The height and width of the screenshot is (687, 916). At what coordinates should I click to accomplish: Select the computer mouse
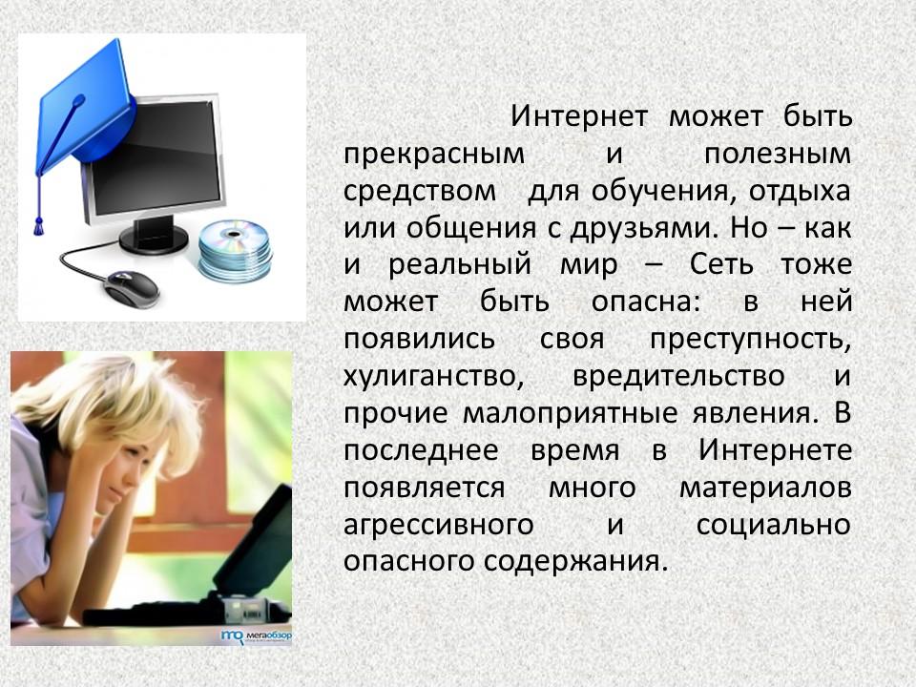click(x=131, y=288)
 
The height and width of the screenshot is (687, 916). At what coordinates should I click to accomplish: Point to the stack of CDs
click(x=235, y=249)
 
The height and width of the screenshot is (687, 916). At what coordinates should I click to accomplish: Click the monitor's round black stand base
click(x=154, y=239)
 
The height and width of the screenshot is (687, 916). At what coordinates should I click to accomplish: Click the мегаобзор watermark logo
click(x=257, y=635)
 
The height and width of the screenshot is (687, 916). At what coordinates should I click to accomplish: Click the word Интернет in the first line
click(x=579, y=116)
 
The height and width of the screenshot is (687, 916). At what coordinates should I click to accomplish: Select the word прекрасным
click(x=434, y=155)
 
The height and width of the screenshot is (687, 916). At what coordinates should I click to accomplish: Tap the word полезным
click(x=777, y=154)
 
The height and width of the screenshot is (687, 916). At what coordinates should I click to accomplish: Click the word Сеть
click(x=721, y=264)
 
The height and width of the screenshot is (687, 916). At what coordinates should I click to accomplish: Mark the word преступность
click(x=750, y=340)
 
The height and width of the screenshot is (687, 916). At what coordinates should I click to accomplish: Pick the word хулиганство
click(x=433, y=376)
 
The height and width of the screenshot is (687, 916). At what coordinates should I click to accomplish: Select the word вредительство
click(x=678, y=376)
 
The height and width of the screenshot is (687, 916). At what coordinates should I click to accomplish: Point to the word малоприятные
click(x=571, y=413)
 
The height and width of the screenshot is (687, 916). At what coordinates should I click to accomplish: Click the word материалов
click(x=764, y=488)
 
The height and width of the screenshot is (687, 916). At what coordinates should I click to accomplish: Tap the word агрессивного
click(x=439, y=525)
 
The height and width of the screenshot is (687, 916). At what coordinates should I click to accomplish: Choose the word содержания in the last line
click(x=575, y=561)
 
